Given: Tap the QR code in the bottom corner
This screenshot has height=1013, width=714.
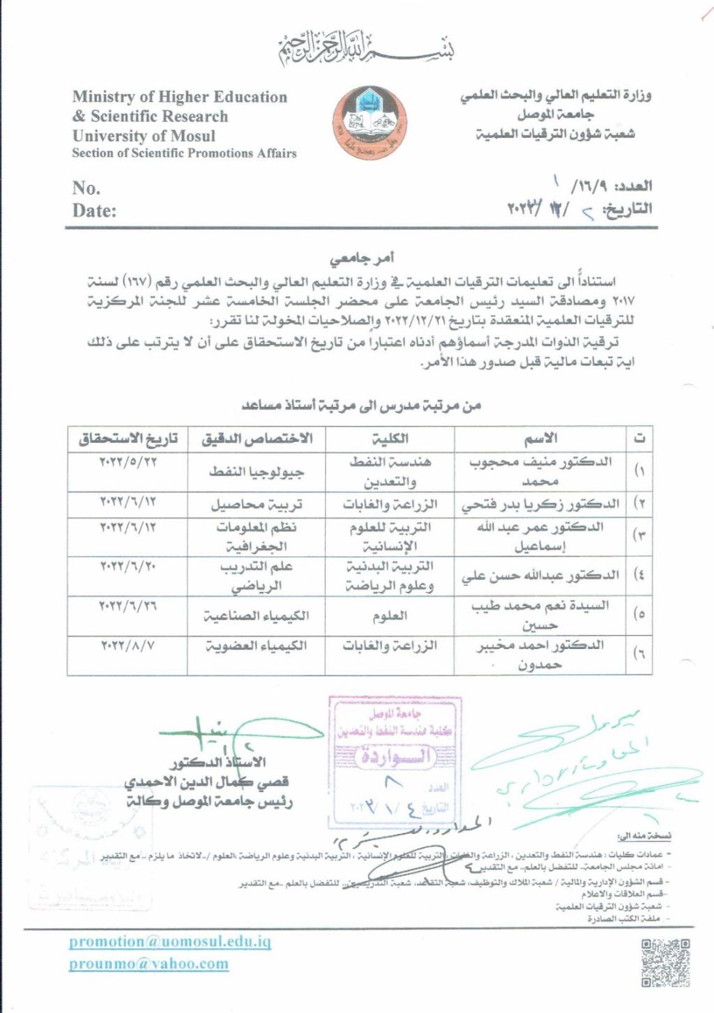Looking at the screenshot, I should click(665, 963).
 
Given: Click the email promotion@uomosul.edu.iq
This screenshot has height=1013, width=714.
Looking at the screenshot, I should click(169, 941).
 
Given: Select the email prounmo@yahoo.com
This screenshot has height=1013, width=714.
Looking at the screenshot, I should click(149, 964).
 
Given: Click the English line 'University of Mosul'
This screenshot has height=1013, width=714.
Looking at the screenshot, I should click(144, 136).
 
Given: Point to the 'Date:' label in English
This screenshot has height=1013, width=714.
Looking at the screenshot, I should click(94, 211).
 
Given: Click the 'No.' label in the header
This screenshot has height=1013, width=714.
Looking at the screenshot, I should click(86, 188).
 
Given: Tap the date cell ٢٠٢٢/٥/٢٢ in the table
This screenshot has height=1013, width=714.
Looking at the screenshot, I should click(128, 462).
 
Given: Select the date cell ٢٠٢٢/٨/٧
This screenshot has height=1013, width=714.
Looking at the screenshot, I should click(128, 646).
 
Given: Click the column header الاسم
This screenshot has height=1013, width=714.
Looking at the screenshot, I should click(541, 439).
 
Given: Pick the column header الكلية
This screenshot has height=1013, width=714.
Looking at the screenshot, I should click(390, 439).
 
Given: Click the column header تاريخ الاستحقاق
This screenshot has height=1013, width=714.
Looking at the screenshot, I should click(128, 439).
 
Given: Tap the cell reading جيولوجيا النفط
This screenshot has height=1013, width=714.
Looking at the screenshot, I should click(257, 472).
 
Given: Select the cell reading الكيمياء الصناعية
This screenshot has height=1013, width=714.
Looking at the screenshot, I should click(257, 616).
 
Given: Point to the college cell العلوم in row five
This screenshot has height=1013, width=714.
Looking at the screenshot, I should click(390, 616).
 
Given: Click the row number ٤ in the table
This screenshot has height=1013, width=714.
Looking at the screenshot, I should click(639, 575).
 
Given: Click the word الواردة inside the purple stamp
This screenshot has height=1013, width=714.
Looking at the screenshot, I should click(394, 756).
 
